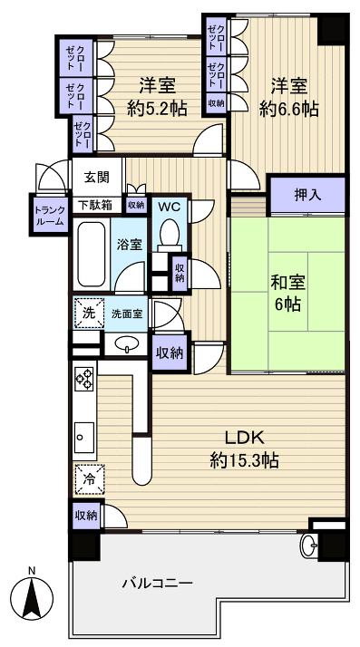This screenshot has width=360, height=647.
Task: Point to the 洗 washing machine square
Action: point(87,312)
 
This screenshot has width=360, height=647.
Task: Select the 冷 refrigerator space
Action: point(89,478)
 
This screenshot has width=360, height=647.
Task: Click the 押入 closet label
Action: point(307,194)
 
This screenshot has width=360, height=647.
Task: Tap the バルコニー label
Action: point(157,584)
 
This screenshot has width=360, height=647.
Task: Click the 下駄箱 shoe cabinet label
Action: point(93,205)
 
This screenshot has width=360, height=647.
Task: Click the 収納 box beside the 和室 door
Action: point(170,352)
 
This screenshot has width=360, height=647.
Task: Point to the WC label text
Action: point(169,206)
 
